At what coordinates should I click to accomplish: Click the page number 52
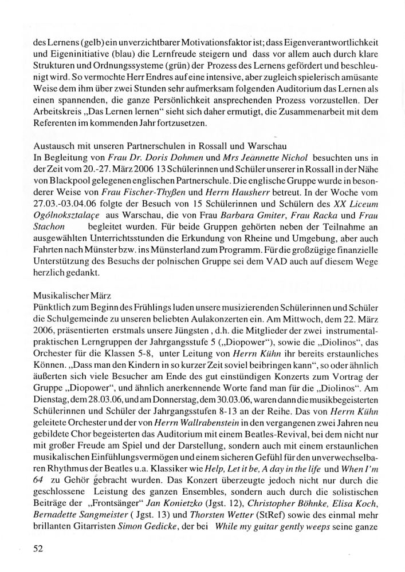pos(38,549)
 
